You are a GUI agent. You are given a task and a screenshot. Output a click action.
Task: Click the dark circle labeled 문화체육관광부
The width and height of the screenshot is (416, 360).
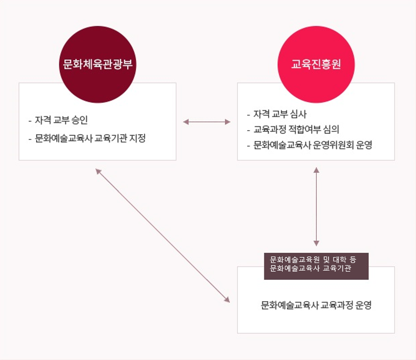(x=98, y=64)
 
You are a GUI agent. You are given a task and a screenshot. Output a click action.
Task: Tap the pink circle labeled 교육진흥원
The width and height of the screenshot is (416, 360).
(x=316, y=64)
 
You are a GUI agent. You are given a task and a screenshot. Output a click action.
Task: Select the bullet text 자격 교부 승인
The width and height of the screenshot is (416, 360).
(x=62, y=120)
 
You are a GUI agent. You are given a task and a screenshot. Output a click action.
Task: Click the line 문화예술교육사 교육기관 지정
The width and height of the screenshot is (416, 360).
(x=90, y=138)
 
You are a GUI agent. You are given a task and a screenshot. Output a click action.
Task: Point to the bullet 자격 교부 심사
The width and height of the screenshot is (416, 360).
(x=280, y=114)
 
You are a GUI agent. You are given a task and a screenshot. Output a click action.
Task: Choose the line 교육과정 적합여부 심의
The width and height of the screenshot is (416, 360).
(x=296, y=129)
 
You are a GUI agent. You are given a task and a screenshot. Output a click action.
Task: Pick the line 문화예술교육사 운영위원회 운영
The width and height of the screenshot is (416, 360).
(x=313, y=145)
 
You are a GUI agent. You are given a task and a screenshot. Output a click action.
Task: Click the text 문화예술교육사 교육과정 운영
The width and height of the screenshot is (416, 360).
(x=316, y=305)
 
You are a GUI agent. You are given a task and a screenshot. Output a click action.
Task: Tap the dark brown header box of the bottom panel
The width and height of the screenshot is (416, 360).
(x=316, y=266)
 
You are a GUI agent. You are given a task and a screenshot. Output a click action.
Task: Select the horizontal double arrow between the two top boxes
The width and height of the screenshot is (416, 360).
(x=207, y=122)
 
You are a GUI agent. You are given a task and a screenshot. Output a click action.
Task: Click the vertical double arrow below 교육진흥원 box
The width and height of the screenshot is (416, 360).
(x=316, y=206)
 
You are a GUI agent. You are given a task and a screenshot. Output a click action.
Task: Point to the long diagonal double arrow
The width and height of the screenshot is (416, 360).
(x=162, y=236)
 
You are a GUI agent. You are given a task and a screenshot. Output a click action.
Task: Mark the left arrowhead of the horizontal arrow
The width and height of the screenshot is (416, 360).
(x=186, y=122)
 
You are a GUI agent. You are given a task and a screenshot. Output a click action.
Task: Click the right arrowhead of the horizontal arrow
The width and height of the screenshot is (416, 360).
(x=228, y=122)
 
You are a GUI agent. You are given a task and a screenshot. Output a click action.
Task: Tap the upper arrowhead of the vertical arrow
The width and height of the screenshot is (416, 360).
(x=316, y=170)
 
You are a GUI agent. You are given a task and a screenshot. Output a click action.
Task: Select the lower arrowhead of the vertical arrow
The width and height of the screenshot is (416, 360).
(x=316, y=244)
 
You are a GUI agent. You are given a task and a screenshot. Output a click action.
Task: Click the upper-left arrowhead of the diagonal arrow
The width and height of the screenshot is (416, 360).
(x=98, y=171)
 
